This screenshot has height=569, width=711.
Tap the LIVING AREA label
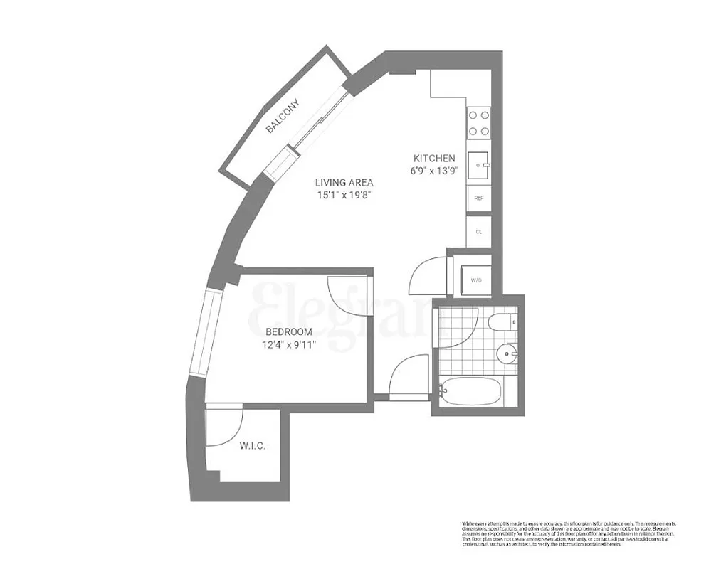[x=347, y=182]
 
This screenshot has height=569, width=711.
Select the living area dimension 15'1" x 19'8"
[x=347, y=196]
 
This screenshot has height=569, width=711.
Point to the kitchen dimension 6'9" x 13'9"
[x=434, y=171]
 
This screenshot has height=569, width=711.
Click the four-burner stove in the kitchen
[x=478, y=122]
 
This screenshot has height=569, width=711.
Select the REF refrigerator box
[x=478, y=198]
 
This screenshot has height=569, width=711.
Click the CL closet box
[x=478, y=231]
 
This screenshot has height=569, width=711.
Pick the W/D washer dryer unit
[x=476, y=280]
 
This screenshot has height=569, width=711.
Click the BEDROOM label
[x=289, y=332]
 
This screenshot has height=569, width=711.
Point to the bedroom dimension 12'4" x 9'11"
[x=289, y=345]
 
